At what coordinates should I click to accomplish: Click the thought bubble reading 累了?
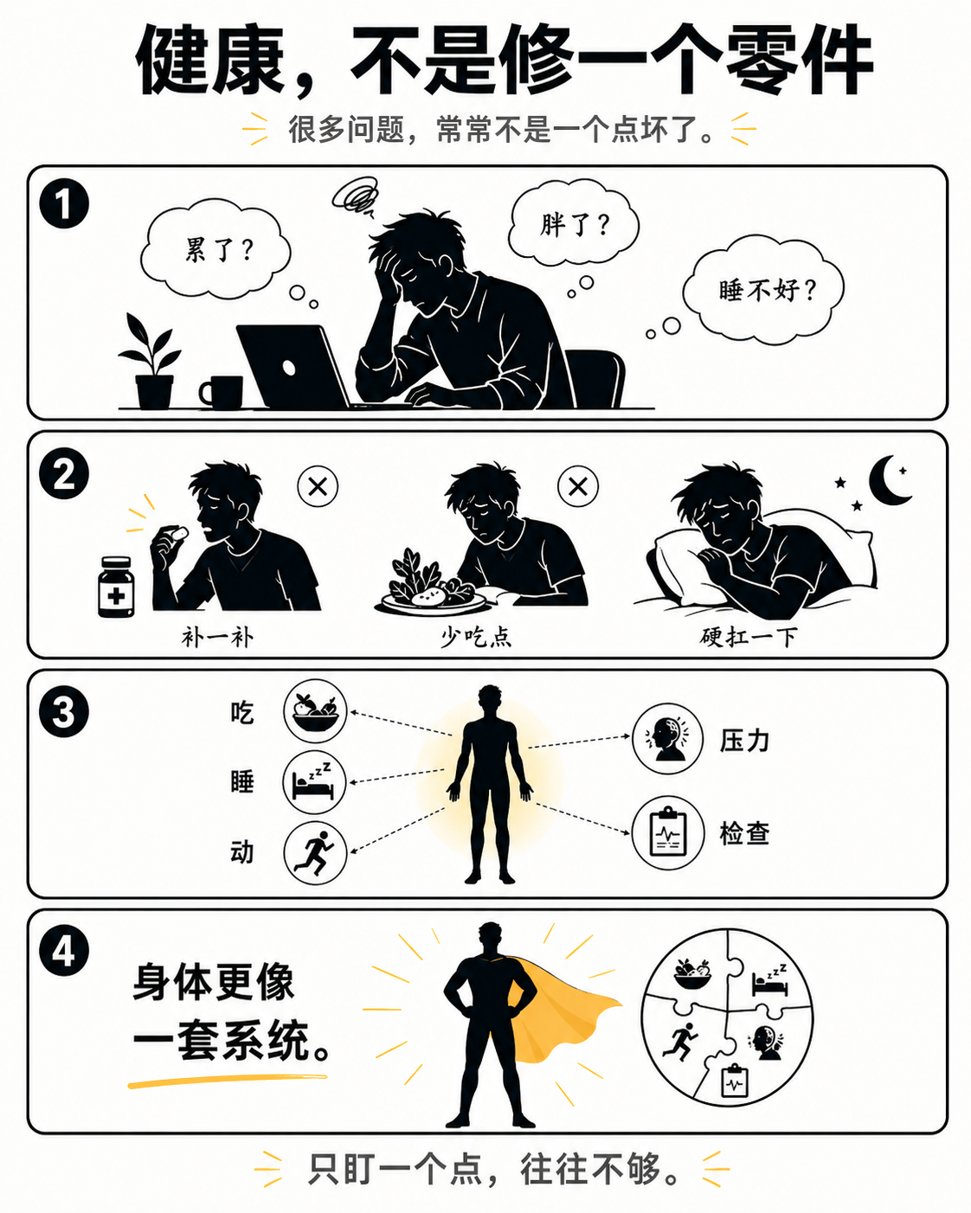(x=216, y=250)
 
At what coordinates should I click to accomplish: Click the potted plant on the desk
(x=152, y=363)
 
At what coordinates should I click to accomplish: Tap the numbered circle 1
(x=64, y=204)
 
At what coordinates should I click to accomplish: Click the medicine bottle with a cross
(x=116, y=587)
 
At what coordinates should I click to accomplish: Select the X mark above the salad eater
(x=578, y=486)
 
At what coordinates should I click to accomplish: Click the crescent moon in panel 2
(x=888, y=480)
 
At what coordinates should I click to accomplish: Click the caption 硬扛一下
(x=749, y=638)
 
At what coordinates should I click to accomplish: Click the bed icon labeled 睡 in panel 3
(x=315, y=782)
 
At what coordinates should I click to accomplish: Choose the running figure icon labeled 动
(x=315, y=853)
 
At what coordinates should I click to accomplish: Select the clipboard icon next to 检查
(x=666, y=833)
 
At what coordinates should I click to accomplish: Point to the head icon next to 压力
(x=666, y=739)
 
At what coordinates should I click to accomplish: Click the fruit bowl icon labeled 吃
(x=315, y=710)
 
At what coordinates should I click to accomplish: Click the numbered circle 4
(x=64, y=951)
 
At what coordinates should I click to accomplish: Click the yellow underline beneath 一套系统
(x=227, y=1080)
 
